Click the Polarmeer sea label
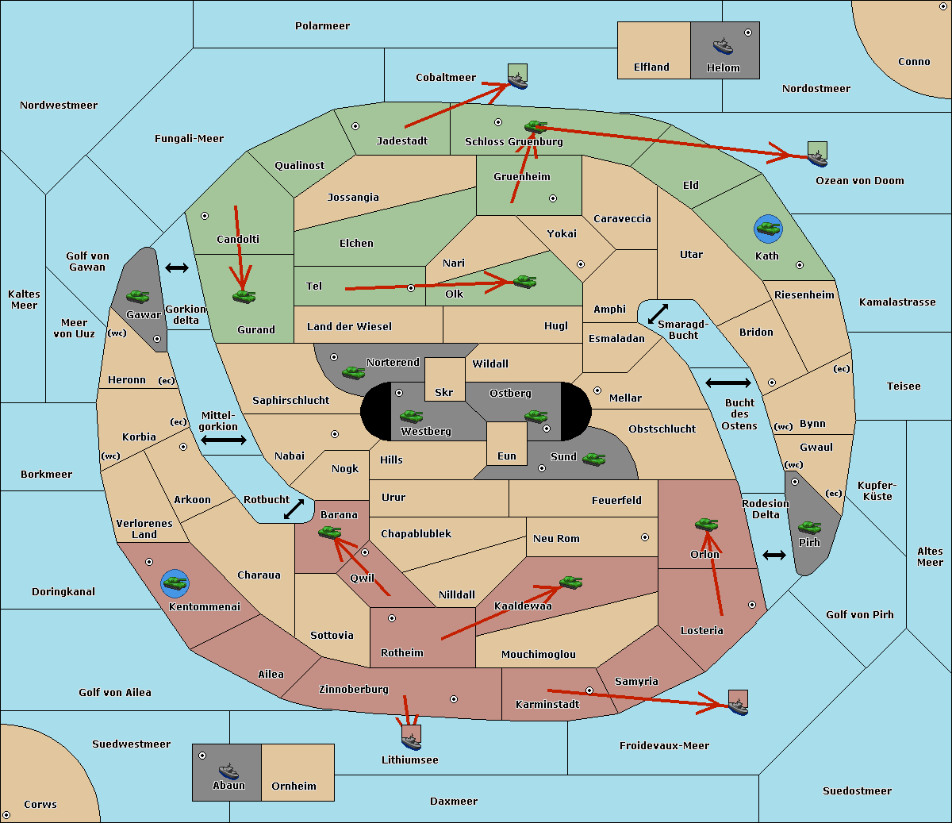click(322, 26)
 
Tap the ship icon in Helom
click(723, 45)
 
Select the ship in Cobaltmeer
click(517, 80)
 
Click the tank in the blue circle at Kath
click(768, 229)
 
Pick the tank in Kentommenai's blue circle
click(175, 583)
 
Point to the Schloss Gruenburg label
click(513, 142)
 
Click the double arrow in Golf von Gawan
click(176, 268)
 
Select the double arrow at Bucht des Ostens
click(727, 383)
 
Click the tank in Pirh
click(809, 527)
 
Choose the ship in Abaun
click(228, 771)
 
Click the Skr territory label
click(444, 393)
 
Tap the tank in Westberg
click(411, 416)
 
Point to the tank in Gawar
click(137, 296)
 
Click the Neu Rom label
click(556, 539)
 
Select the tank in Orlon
click(706, 525)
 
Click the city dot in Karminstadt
click(589, 690)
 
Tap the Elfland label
click(651, 67)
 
